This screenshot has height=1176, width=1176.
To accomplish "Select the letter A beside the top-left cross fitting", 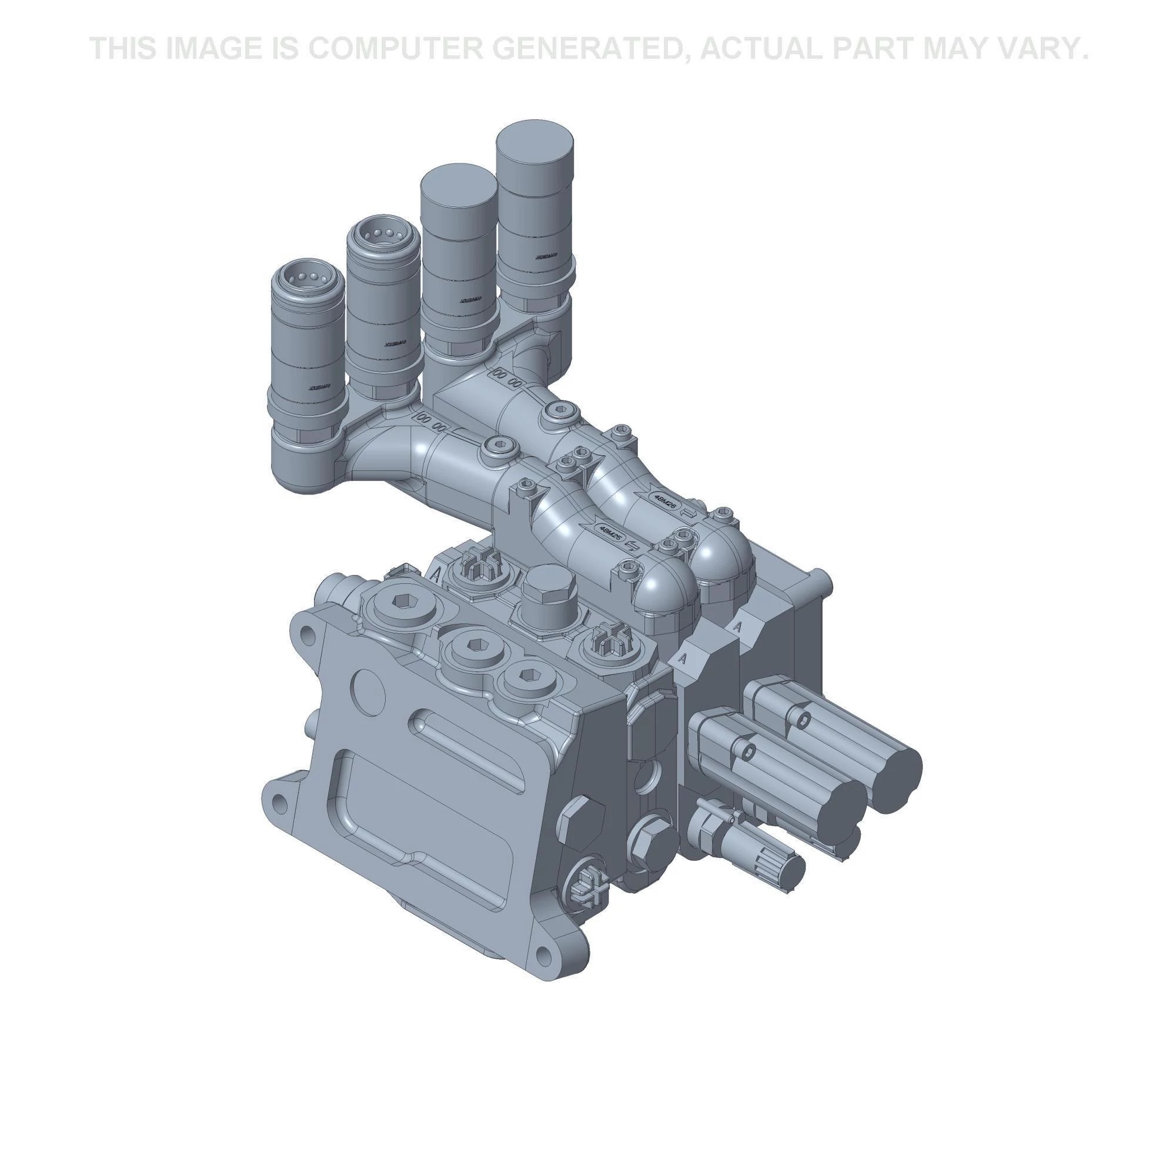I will tap(436, 573).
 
